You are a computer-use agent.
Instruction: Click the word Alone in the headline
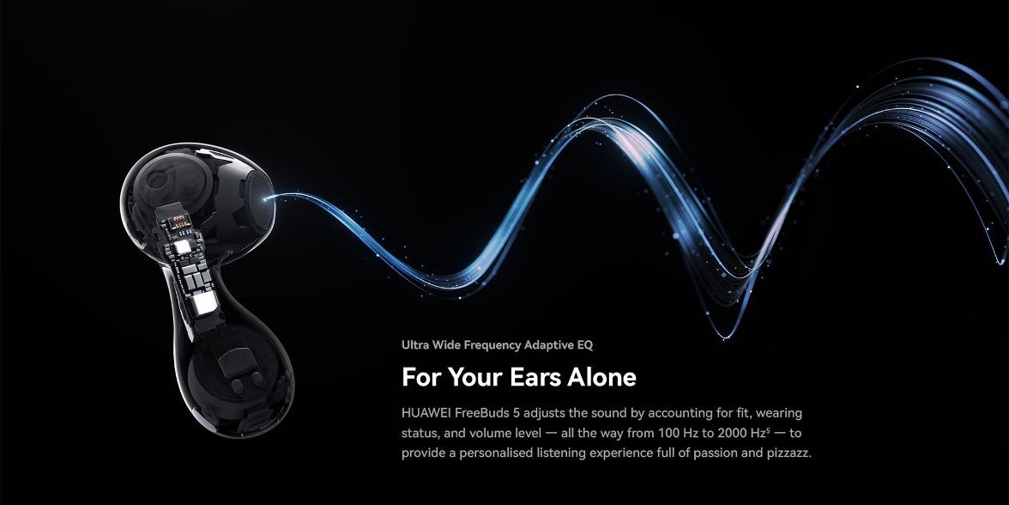click(601, 377)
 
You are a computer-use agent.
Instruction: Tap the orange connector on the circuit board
click(179, 223)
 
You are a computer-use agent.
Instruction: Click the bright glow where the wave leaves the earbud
click(270, 198)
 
